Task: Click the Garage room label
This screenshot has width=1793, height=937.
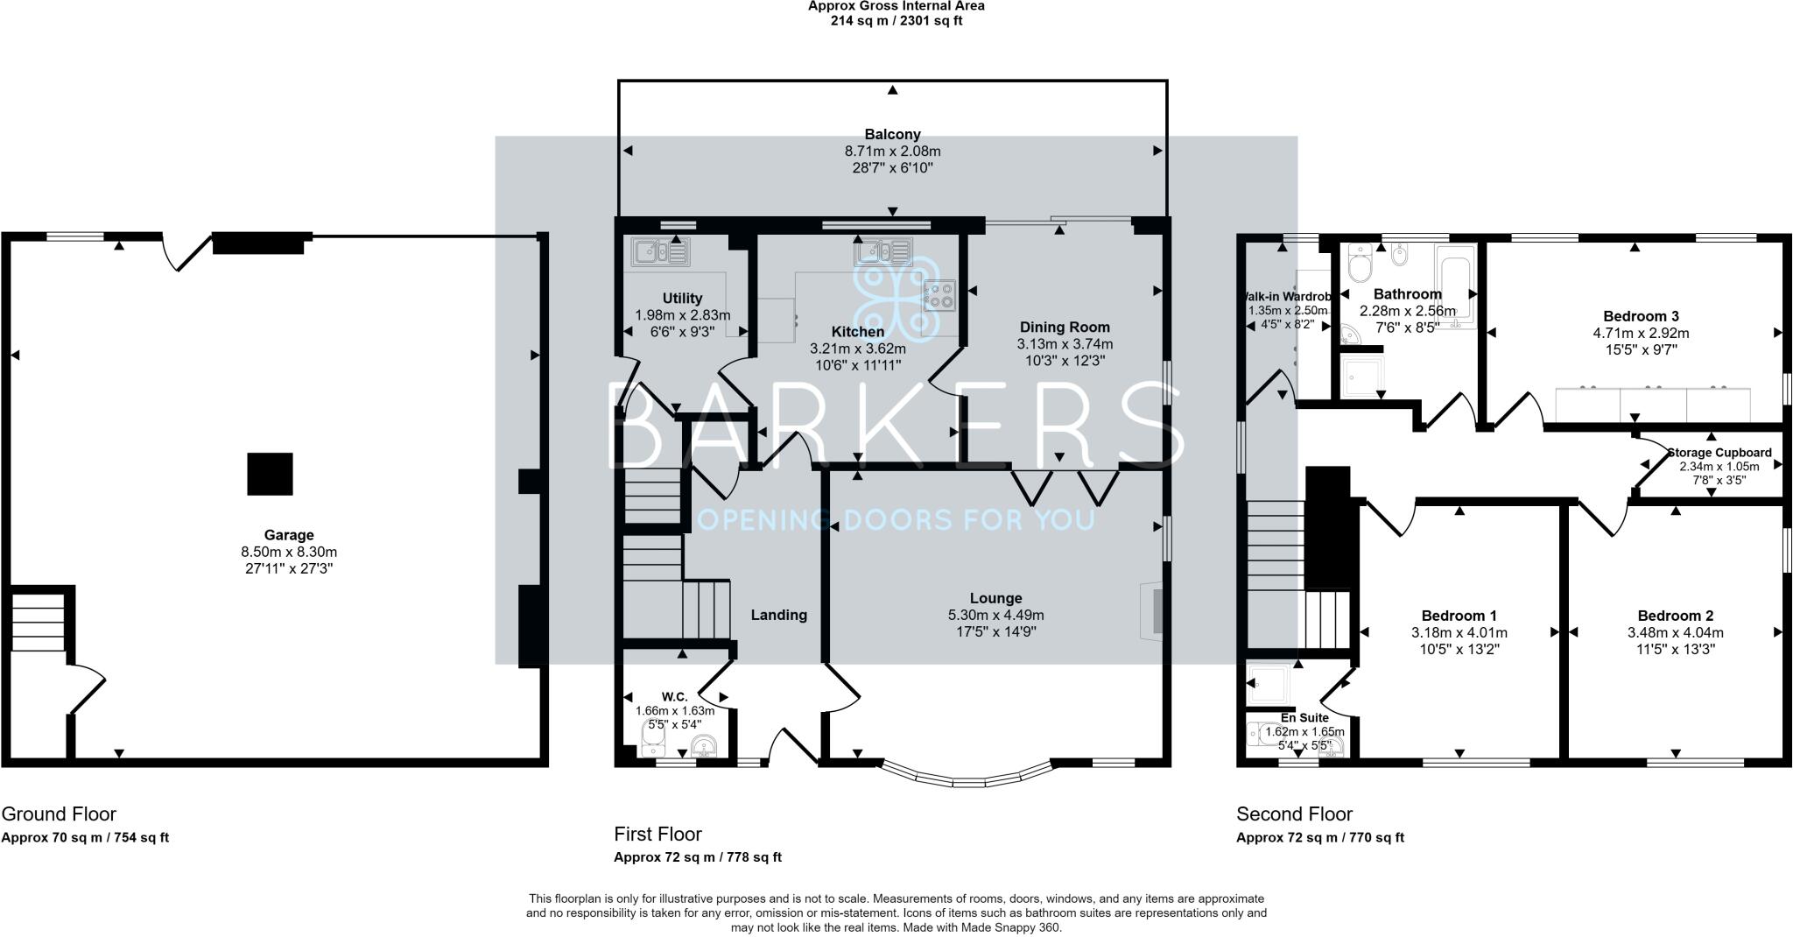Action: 289,535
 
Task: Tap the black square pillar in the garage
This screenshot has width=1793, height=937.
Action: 270,474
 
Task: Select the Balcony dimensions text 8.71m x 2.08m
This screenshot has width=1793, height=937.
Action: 892,151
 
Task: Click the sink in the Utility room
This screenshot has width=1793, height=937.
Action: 660,252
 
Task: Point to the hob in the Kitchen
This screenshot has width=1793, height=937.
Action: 939,294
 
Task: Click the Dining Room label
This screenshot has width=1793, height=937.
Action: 1065,328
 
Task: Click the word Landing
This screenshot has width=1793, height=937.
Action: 778,615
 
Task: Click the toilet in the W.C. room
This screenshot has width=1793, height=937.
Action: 652,745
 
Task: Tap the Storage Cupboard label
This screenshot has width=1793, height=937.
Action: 1719,453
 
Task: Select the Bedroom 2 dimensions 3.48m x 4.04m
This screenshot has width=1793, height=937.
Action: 1675,632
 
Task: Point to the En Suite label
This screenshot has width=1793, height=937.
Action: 1304,717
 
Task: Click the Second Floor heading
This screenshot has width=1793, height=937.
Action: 1294,814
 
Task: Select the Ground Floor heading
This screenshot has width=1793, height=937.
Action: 59,814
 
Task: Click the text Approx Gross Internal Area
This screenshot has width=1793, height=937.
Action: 896,6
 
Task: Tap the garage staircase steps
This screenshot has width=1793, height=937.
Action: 38,623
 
